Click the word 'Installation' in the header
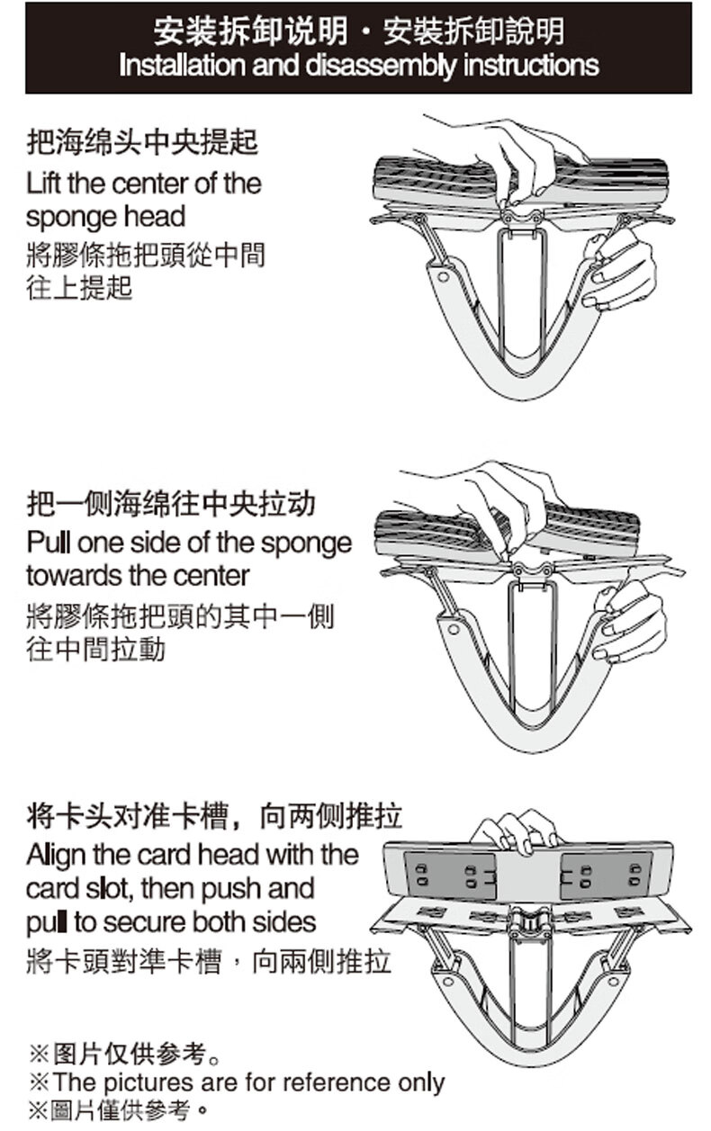coord(173,65)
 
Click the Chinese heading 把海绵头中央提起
coord(142,141)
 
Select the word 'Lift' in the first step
coord(43,184)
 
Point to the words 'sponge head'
coord(105,217)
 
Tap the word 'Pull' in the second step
coord(45,543)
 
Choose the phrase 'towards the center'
coord(138,575)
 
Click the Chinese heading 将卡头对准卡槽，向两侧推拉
coord(214,816)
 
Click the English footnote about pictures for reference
coord(238,1082)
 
